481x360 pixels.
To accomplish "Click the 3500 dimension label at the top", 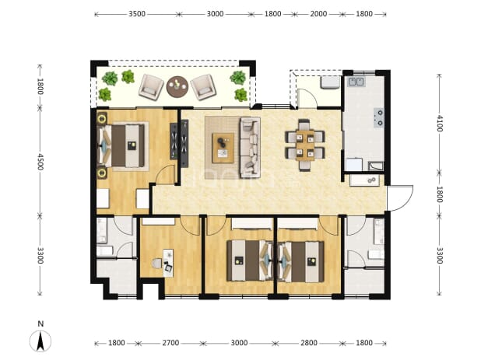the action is [137, 14].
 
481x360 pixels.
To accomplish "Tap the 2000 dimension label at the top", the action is [318, 14].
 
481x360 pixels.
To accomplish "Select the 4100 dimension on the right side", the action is [440, 123].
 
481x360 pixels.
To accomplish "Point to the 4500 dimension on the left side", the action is [40, 162].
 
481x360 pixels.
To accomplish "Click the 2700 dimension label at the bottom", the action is [170, 343].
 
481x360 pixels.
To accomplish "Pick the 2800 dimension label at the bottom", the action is [309, 343].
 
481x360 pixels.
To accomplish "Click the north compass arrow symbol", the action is [40, 341].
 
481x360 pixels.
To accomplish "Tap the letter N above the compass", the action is [40, 323].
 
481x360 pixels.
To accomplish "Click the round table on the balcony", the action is [177, 87].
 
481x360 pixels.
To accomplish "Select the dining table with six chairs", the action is [305, 145].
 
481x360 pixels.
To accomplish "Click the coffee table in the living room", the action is [223, 148].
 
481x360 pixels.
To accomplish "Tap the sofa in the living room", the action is [250, 148].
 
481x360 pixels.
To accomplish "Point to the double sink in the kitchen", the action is [356, 82].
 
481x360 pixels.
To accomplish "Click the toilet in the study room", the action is [156, 264].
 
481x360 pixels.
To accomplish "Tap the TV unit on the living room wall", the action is [184, 143].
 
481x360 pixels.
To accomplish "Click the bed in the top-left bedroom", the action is [121, 146].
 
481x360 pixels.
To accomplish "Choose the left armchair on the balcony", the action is [151, 87].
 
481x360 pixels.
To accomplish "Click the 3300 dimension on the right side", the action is [440, 255].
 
